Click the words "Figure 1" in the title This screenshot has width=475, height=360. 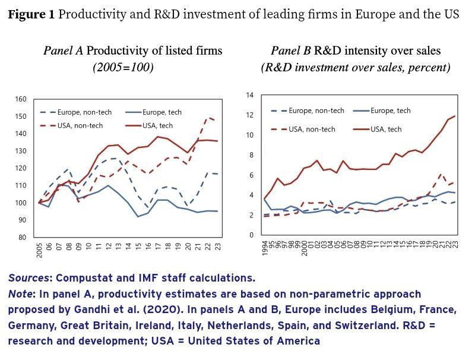30,15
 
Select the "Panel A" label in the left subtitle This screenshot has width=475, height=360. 63,51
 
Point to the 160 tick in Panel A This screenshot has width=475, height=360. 21,99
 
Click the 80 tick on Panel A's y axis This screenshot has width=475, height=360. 23,238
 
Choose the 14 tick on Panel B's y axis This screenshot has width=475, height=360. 249,95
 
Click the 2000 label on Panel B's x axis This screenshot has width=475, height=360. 304,248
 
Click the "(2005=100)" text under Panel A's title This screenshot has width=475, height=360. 123,67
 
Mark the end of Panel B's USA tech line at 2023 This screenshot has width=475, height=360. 455,116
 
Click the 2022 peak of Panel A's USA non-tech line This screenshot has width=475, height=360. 208,118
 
